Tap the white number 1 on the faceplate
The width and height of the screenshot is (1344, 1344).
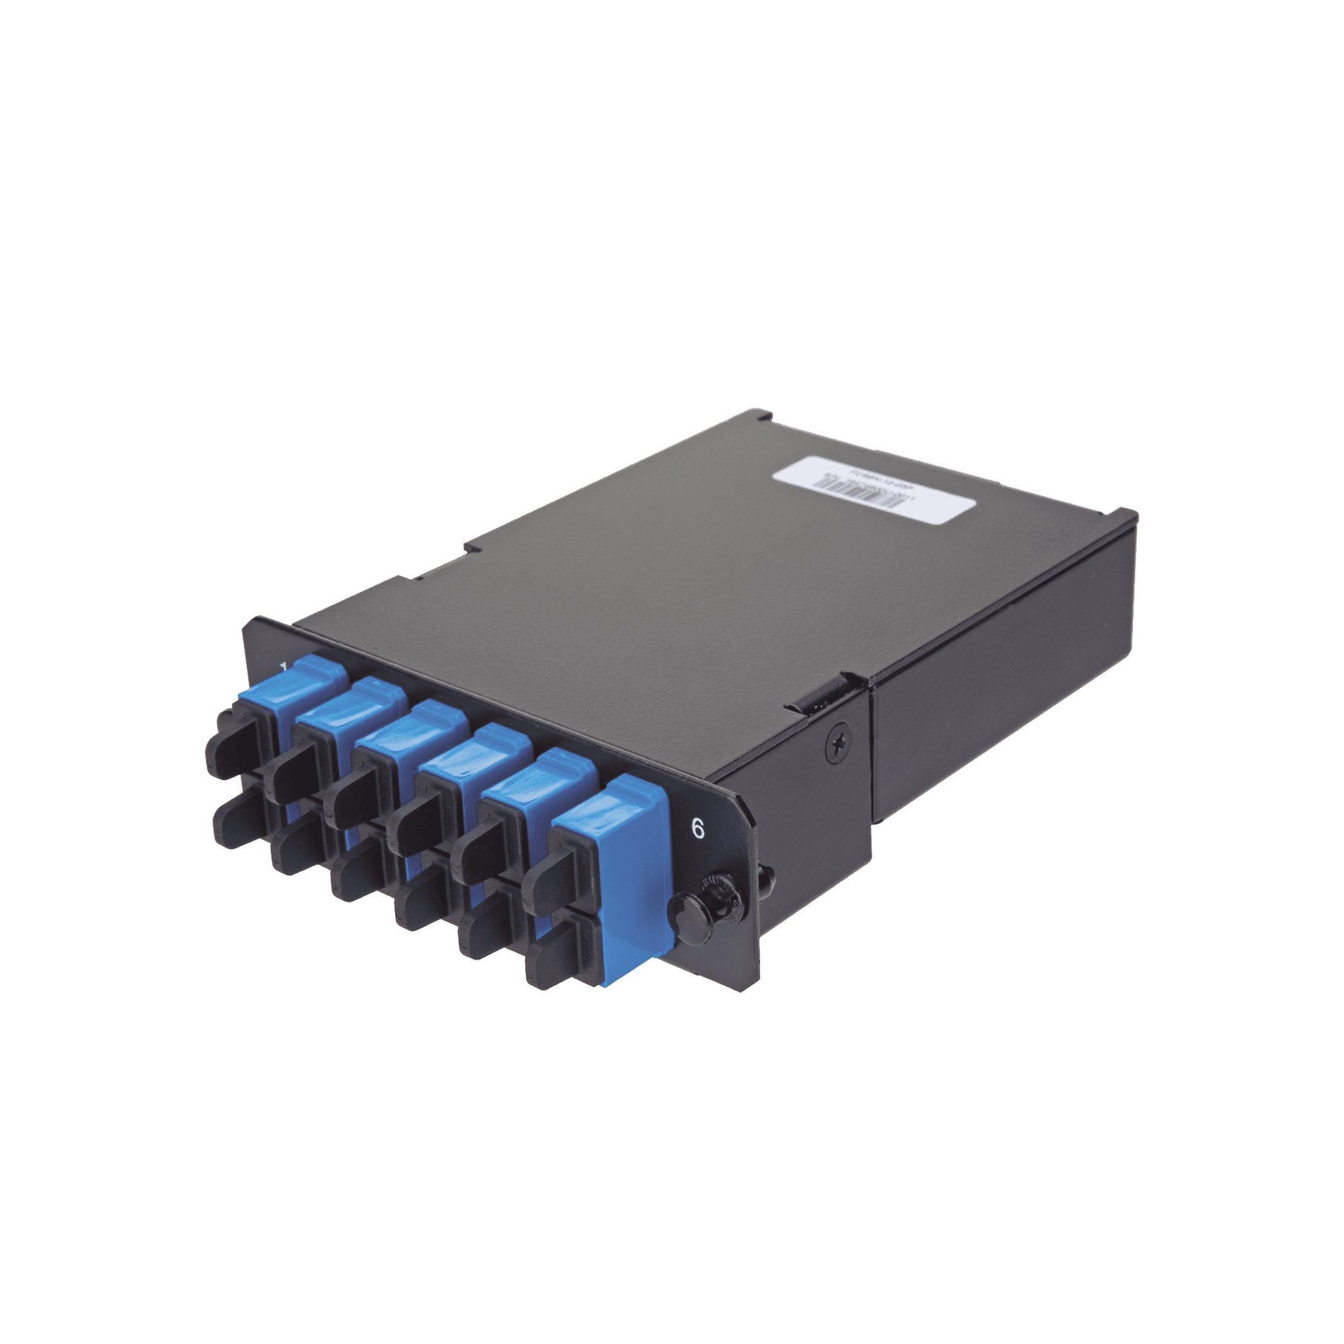coord(283,669)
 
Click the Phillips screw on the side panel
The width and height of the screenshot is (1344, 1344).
coord(837,746)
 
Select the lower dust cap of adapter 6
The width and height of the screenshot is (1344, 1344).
coord(556,952)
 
